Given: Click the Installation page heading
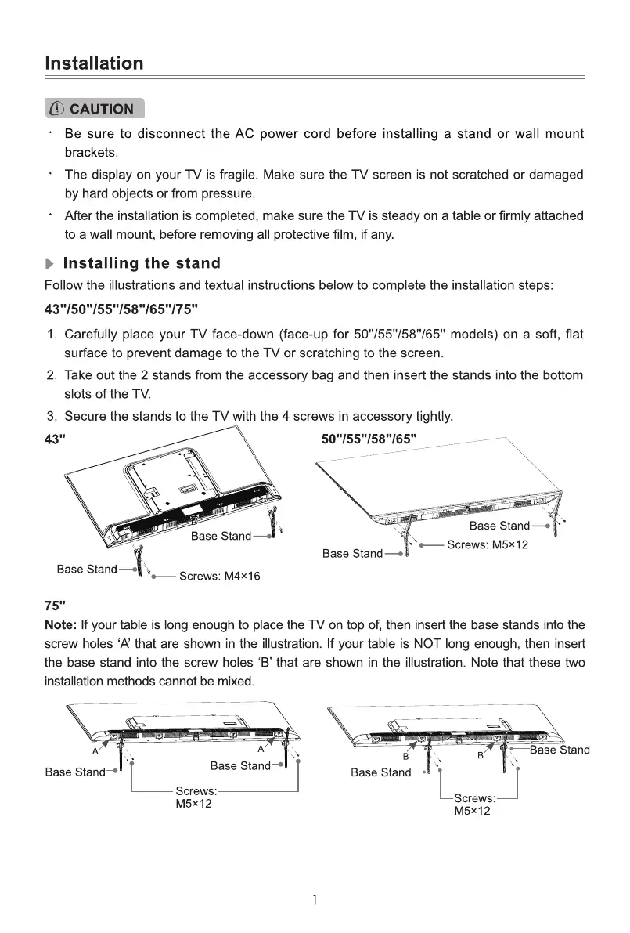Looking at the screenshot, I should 94,63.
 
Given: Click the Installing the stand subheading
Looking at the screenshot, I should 141,263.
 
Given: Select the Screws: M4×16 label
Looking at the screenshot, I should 220,577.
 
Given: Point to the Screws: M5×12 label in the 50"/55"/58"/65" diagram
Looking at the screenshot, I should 487,545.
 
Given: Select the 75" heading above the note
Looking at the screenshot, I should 54,606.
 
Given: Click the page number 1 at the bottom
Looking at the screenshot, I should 315,901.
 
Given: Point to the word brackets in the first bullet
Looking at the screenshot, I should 90,152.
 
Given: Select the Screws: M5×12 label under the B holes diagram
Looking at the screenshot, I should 473,805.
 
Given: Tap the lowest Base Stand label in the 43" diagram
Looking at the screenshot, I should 87,569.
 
